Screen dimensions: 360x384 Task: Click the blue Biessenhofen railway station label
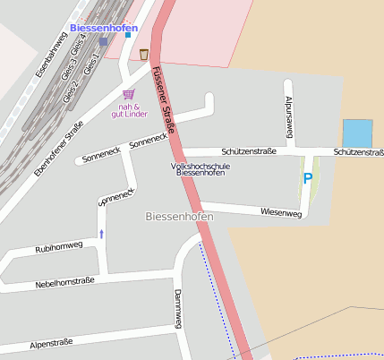pos(104,29)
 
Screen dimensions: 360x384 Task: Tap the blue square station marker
pos(104,41)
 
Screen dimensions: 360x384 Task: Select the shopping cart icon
pos(129,93)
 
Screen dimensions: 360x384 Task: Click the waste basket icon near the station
pos(143,55)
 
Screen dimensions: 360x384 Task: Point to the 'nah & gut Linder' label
pos(129,110)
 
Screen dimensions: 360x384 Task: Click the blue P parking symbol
pos(308,178)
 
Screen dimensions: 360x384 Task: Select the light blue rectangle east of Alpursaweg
pos(357,133)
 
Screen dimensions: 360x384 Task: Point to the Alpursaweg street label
pos(288,117)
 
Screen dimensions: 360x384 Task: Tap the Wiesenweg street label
pos(280,212)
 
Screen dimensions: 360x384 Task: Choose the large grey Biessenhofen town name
pos(179,218)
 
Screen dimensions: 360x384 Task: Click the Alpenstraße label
pos(51,343)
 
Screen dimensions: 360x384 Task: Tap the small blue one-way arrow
pos(101,234)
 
